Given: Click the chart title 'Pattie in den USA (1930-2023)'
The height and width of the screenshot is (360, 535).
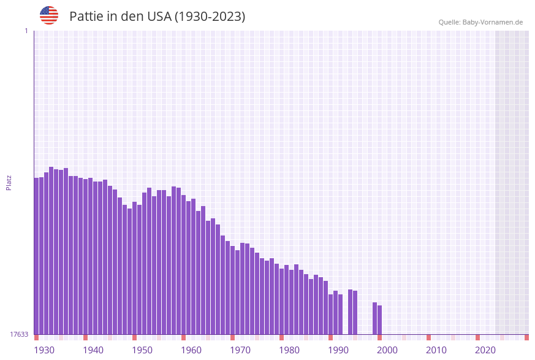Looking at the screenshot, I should [x=157, y=17].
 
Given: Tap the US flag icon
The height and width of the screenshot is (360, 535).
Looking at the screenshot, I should [x=49, y=15].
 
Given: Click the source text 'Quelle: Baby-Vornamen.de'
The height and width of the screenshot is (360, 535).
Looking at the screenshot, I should [x=480, y=22].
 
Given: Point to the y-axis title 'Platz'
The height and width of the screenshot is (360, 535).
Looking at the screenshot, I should [x=9, y=182].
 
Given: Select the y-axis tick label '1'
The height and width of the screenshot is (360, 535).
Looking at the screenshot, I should [x=26, y=31].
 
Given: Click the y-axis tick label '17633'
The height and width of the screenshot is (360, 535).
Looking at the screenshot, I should [x=19, y=334].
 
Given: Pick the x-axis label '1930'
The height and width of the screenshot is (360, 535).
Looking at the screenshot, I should [x=44, y=350].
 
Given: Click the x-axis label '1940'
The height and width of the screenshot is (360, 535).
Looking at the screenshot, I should [x=93, y=350].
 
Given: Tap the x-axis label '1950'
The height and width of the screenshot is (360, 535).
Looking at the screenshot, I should [x=142, y=350].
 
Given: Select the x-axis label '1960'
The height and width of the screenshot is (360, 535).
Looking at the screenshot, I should [x=191, y=350].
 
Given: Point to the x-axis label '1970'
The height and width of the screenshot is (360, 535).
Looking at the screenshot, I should [x=240, y=350].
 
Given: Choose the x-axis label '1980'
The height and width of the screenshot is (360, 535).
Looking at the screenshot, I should [x=289, y=350].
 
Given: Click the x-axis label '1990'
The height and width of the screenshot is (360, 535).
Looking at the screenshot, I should [x=338, y=350].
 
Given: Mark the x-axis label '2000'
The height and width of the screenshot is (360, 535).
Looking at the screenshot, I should [x=387, y=350].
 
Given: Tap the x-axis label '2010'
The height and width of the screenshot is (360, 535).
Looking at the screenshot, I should [x=436, y=350].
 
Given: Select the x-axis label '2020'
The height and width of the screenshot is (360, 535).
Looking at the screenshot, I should [x=485, y=350].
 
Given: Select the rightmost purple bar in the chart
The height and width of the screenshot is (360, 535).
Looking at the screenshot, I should [x=380, y=320].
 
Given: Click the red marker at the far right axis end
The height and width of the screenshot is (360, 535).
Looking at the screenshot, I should [x=526, y=337].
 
